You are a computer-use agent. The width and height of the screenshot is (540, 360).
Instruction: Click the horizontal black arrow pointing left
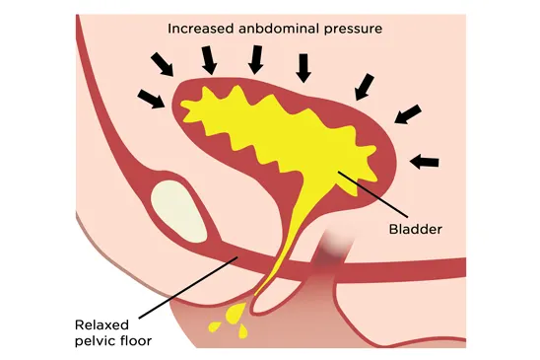click(x=424, y=159)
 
